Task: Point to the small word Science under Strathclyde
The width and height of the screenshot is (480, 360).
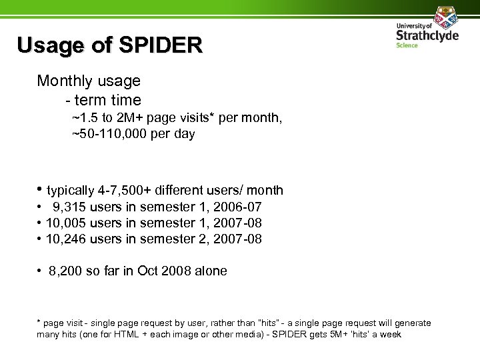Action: pos(407,45)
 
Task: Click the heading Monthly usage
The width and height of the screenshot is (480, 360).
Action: pos(89,81)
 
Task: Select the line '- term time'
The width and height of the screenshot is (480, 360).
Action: pos(103,101)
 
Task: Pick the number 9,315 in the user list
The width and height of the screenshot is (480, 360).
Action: pos(69,207)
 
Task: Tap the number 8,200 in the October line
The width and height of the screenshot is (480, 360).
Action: pos(66,271)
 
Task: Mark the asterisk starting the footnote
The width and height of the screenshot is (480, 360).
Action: pos(39,322)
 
